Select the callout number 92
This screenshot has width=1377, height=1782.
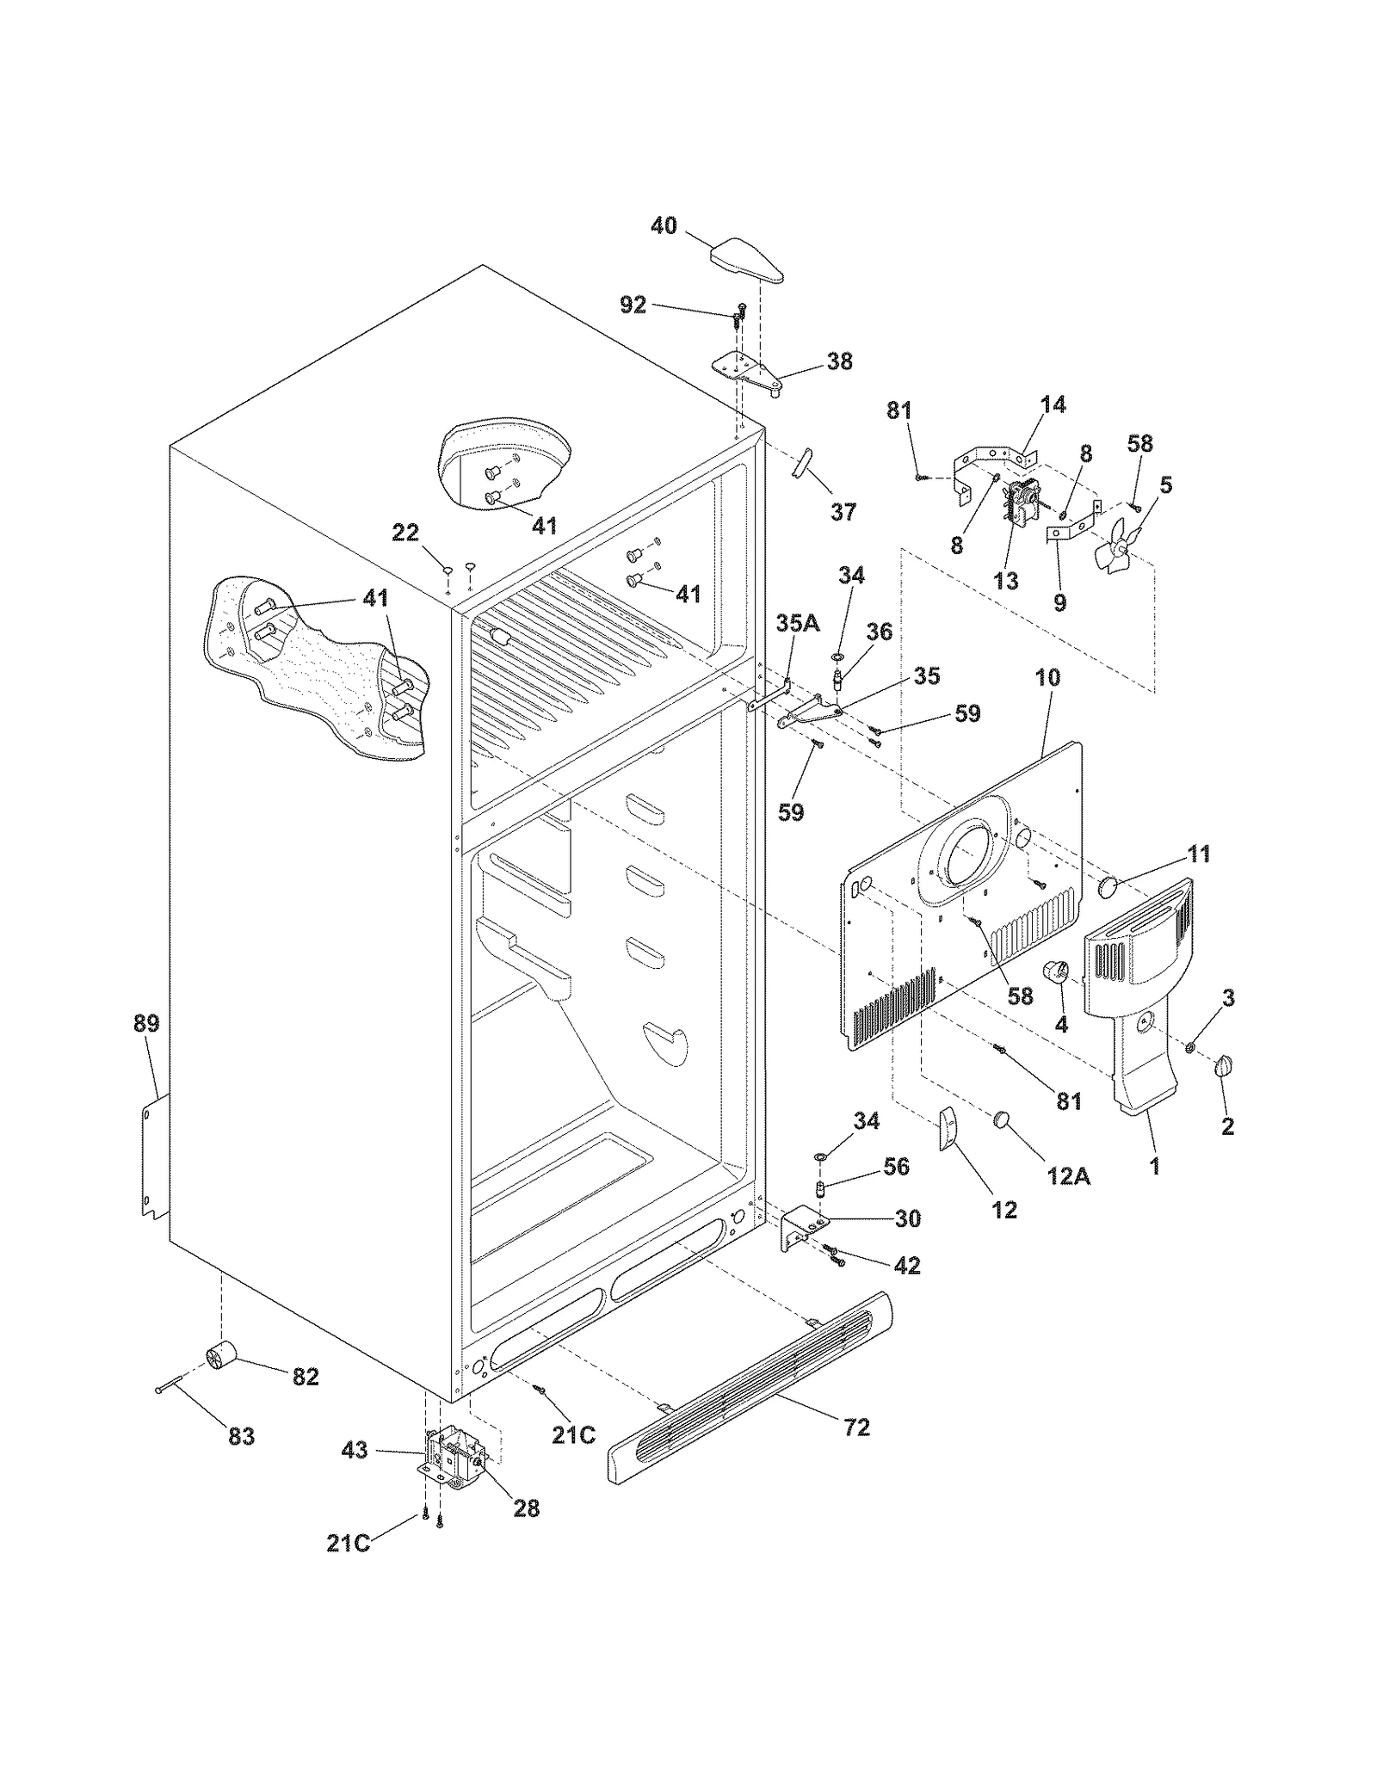pos(633,305)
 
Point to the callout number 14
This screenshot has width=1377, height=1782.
pos(1053,404)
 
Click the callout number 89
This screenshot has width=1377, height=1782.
pos(146,1023)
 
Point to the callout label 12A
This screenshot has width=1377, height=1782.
pos(1068,1175)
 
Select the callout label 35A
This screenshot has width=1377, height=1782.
pos(798,623)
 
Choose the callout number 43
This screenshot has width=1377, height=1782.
pos(354,1450)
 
